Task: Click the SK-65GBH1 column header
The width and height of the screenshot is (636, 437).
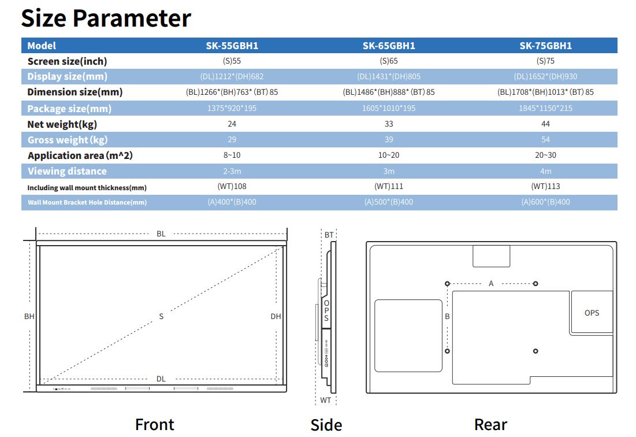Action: pos(389,46)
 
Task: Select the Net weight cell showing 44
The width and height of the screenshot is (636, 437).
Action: pos(545,124)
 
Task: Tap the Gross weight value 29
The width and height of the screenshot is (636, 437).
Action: pos(232,139)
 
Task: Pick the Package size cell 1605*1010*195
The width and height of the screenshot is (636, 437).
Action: pos(389,108)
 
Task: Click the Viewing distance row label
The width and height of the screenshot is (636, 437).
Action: pos(67,171)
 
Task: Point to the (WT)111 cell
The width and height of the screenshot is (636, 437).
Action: pos(389,186)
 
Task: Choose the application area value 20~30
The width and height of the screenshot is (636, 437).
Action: pos(545,155)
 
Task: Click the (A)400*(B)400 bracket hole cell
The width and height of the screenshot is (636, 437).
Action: pos(232,202)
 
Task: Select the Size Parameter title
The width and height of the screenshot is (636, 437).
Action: pos(106,18)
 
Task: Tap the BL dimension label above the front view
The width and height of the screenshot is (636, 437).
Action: pos(161,234)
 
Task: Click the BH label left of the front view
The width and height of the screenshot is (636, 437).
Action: pos(29,316)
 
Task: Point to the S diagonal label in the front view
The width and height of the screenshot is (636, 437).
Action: pos(161,316)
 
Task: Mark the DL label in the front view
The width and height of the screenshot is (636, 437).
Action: pos(161,379)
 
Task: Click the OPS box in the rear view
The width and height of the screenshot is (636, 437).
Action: pos(592,313)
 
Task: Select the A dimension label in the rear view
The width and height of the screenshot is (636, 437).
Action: pos(491,283)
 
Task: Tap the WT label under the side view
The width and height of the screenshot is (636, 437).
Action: pos(326,400)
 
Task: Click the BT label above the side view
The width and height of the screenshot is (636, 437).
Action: pos(329,235)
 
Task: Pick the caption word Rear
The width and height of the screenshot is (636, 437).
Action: pos(490,424)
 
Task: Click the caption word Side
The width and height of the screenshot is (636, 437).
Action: pos(326,425)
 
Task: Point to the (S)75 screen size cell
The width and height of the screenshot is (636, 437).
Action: pos(545,61)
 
